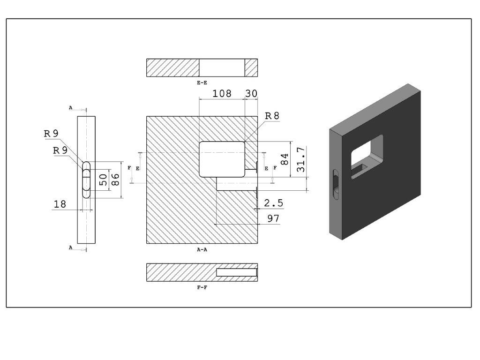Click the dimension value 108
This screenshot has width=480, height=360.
tap(222, 93)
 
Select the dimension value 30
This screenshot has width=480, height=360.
tap(251, 93)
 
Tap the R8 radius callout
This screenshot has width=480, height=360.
tap(272, 116)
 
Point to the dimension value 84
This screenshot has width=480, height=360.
tap(285, 159)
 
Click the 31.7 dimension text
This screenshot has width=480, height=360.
tap(301, 159)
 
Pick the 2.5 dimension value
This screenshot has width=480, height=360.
tap(274, 203)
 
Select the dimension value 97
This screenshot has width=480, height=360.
tap(273, 218)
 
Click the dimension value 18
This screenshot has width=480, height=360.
tap(60, 204)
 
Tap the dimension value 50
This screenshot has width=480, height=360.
tap(104, 180)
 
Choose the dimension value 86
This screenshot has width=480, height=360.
tap(115, 180)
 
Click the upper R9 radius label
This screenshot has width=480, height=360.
tap(51, 134)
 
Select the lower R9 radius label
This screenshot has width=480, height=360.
tap(60, 150)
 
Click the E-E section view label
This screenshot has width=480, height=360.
tap(202, 82)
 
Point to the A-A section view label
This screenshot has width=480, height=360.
tap(202, 249)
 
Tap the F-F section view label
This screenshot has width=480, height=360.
tap(202, 287)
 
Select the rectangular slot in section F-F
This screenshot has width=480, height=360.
tap(237, 272)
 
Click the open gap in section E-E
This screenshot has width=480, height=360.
tap(222, 67)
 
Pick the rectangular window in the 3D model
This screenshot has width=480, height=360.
tap(367, 157)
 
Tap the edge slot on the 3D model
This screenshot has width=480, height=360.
tap(336, 185)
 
